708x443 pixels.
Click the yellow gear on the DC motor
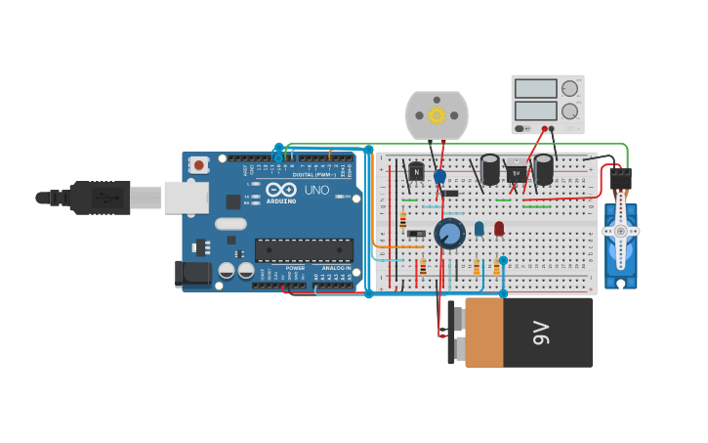(x=437, y=114)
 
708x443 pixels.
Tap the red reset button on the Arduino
(x=199, y=165)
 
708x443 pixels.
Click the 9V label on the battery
(x=542, y=333)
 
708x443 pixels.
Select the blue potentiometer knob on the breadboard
(x=449, y=234)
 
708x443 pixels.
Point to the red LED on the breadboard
(x=499, y=228)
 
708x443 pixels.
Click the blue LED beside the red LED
(x=479, y=228)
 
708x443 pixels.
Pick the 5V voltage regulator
(x=516, y=173)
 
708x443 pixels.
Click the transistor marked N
(x=416, y=172)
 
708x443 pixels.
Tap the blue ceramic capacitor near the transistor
(x=439, y=176)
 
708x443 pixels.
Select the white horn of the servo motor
(x=620, y=232)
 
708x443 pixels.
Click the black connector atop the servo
(x=620, y=179)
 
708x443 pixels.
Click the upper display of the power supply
(x=535, y=89)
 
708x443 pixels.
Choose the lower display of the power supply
(x=535, y=111)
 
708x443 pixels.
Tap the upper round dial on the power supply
(x=569, y=89)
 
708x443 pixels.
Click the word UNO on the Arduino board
(x=316, y=190)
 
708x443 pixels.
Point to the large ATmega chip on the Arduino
(x=304, y=250)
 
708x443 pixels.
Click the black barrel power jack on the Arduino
(x=193, y=273)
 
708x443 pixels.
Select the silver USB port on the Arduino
(x=185, y=198)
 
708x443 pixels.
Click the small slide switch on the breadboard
(x=416, y=233)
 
